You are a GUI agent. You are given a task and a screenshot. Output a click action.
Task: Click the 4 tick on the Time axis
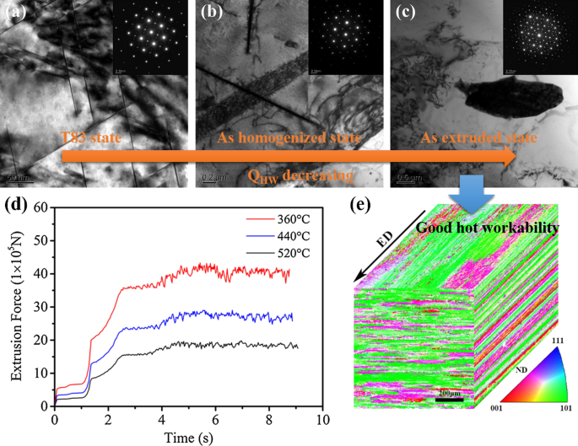[161, 417]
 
